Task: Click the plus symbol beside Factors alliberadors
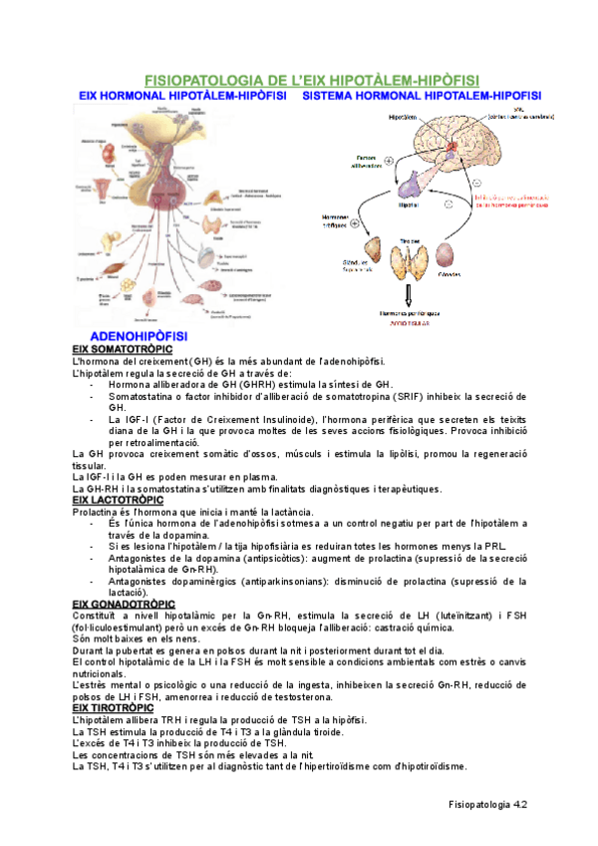pos(389,161)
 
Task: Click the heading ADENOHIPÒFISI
pos(135,336)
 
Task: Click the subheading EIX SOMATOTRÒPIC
pos(122,349)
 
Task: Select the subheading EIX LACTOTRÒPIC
pos(118,499)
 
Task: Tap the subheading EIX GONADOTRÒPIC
pos(124,604)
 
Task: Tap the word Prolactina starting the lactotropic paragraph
pos(99,511)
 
